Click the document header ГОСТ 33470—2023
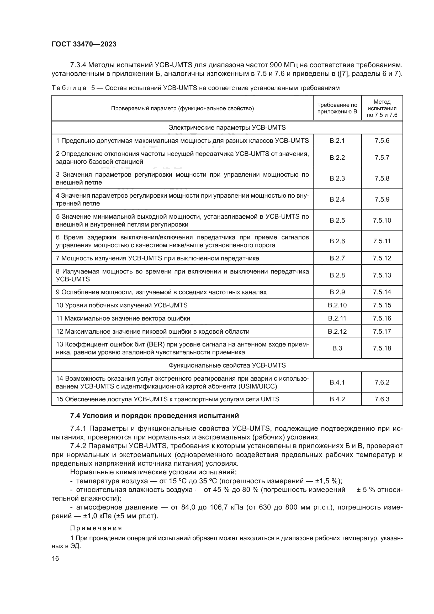point(84,44)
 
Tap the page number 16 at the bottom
point(55,559)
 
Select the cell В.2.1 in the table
point(337,141)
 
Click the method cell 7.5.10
point(382,220)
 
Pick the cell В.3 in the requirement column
point(337,348)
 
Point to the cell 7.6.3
point(382,399)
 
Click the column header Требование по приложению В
point(337,108)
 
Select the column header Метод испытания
point(382,108)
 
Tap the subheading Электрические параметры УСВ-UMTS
point(227,128)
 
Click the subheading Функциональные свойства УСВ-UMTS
point(227,365)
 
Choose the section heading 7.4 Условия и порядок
point(155,416)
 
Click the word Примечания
point(96,528)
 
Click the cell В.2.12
point(337,332)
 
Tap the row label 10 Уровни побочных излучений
point(122,305)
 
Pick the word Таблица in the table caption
point(69,88)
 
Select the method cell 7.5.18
point(382,348)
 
